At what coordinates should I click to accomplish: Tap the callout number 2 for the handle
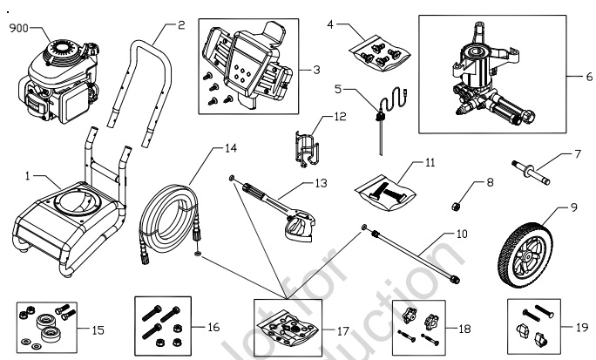[180, 25]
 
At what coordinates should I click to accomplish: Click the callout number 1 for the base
[29, 177]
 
